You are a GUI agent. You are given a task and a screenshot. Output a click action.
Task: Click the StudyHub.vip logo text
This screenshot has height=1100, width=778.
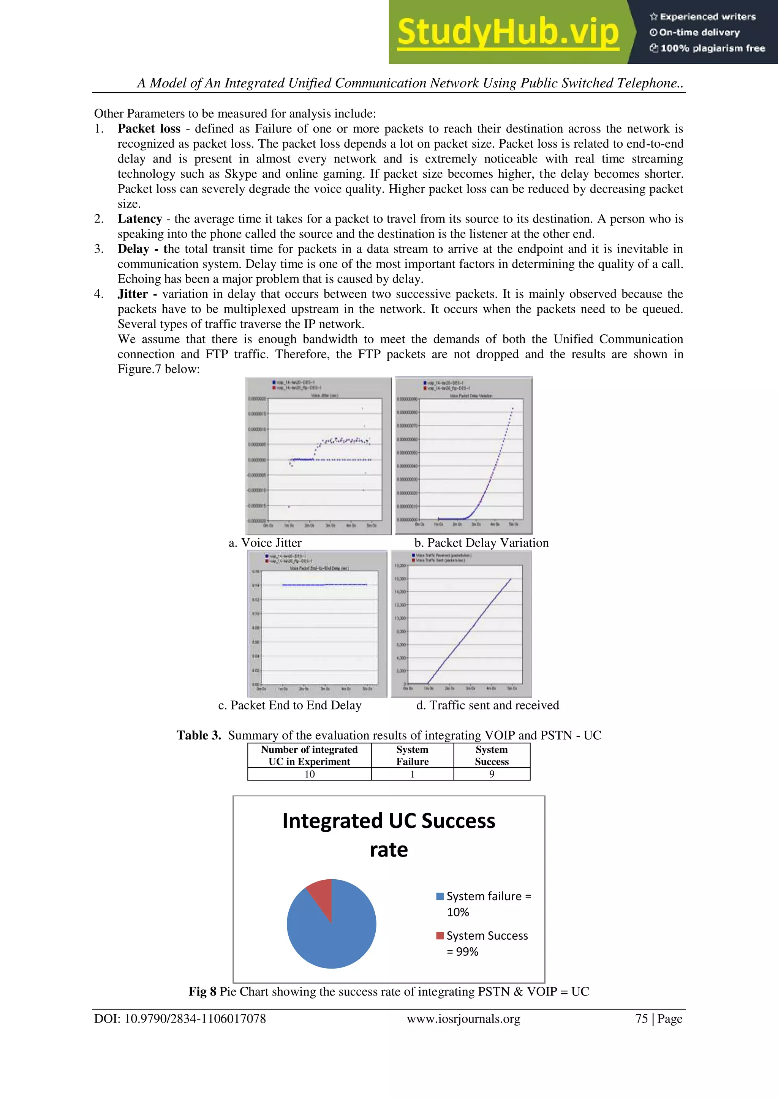[508, 33]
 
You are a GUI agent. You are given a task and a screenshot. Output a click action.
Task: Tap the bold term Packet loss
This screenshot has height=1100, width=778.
[149, 129]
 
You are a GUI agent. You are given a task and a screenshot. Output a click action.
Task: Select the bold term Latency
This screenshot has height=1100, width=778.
[140, 219]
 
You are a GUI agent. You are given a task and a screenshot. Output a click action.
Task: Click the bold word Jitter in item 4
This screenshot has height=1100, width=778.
[133, 294]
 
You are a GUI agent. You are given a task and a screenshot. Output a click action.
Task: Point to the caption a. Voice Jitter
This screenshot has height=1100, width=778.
[265, 543]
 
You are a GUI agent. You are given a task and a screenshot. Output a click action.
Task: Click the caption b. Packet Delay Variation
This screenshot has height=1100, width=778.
[481, 543]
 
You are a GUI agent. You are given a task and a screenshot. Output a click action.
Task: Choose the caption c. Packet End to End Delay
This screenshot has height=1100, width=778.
[289, 705]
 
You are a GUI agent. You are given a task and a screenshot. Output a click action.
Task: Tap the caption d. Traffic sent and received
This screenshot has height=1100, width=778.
[487, 705]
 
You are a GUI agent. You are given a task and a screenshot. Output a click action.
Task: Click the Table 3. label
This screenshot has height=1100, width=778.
[199, 735]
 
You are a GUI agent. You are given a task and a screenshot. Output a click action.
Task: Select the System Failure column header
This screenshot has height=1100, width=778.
[412, 755]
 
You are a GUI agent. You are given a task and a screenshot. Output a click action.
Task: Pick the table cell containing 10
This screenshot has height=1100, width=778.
[310, 774]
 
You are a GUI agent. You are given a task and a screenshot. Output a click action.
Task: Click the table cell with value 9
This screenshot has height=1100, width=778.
[492, 774]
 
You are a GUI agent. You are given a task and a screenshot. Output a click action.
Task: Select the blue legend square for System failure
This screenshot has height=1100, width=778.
[440, 896]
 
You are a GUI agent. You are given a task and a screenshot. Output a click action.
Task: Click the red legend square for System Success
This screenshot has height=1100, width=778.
[440, 936]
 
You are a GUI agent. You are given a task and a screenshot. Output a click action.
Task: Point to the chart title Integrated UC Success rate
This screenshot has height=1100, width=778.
[389, 835]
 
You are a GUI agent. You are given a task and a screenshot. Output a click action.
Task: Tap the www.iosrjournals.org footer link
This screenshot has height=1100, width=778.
[463, 1019]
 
